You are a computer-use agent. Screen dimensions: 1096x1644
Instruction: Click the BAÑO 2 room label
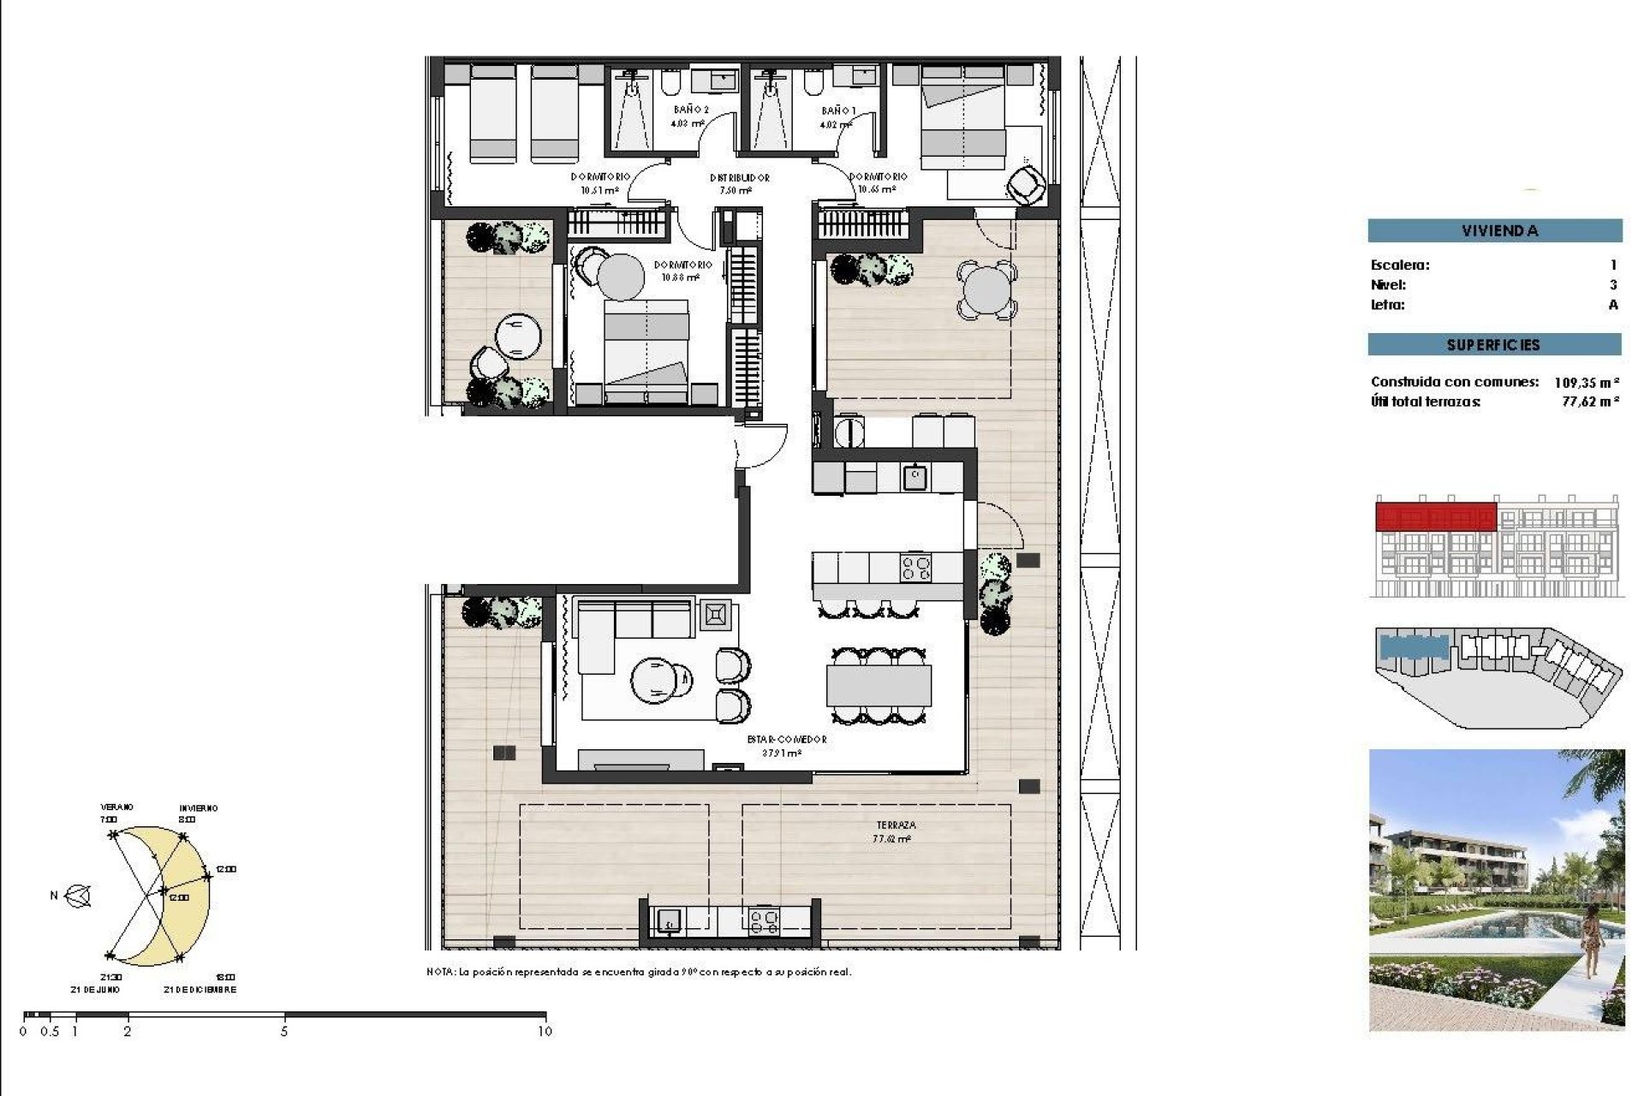(690, 110)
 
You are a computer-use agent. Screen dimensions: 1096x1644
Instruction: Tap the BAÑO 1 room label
(837, 110)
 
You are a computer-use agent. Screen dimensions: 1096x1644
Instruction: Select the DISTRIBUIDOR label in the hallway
(739, 178)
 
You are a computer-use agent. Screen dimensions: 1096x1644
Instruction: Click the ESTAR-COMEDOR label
(786, 739)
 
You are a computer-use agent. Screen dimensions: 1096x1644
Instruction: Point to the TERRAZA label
(896, 825)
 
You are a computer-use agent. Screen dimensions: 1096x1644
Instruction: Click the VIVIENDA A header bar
(1494, 230)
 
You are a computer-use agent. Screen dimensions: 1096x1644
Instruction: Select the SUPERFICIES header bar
(1494, 345)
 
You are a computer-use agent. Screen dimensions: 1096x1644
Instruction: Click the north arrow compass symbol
(79, 896)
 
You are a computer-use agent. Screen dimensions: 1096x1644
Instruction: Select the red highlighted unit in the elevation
(1435, 517)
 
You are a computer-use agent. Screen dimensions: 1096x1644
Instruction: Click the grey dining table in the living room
(879, 686)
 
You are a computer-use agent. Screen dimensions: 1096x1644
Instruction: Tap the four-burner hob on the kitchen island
(915, 569)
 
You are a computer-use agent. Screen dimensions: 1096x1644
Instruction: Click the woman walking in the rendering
(1592, 942)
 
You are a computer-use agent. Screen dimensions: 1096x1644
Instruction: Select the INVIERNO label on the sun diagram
(198, 808)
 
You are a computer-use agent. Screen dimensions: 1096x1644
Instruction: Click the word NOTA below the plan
(440, 972)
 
